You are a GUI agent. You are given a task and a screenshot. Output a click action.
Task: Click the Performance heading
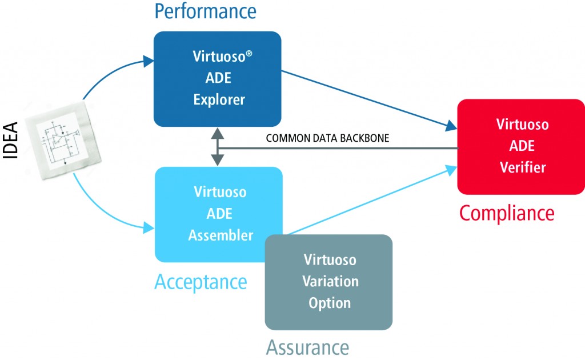[x=206, y=10]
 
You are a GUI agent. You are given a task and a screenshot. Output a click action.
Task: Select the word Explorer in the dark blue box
[x=219, y=99]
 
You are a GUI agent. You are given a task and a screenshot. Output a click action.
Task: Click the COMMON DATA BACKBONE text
[x=327, y=138]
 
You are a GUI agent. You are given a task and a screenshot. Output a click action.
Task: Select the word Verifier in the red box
[x=521, y=167]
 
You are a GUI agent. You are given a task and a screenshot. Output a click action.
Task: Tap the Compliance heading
[x=507, y=213]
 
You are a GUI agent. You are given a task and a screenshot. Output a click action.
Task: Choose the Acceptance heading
[x=201, y=281]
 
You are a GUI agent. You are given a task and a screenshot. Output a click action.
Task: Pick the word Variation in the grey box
[x=331, y=281]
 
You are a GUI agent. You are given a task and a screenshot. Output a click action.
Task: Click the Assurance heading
[x=307, y=347]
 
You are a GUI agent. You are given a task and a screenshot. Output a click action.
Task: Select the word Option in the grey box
[x=329, y=303]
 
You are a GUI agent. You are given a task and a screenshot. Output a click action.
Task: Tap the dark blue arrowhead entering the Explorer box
[x=149, y=60]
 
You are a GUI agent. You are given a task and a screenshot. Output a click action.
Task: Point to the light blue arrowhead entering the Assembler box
[x=150, y=229]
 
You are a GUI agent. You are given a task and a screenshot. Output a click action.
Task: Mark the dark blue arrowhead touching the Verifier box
[x=451, y=126]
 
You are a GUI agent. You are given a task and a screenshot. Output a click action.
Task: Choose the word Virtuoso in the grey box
[x=330, y=260]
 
